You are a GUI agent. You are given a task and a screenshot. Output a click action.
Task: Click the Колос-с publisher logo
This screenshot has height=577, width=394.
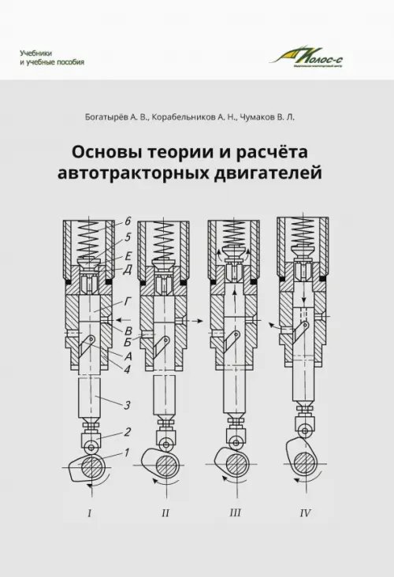pyautogui.click(x=312, y=56)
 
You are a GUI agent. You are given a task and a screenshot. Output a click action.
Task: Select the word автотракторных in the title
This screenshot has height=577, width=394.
pyautogui.click(x=139, y=172)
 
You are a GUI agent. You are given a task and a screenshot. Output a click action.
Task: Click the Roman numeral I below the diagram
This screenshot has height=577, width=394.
pyautogui.click(x=90, y=514)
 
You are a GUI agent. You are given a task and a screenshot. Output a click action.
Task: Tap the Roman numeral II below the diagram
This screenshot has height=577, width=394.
pyautogui.click(x=165, y=514)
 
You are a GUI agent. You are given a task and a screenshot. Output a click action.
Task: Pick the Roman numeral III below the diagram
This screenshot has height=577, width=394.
pyautogui.click(x=234, y=514)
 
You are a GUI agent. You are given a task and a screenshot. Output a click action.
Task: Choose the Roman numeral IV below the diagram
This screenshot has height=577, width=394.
pyautogui.click(x=305, y=514)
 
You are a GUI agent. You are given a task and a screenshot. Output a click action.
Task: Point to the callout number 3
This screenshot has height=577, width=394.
pyautogui.click(x=126, y=405)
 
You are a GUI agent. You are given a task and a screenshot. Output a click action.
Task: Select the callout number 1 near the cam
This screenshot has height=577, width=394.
pyautogui.click(x=126, y=452)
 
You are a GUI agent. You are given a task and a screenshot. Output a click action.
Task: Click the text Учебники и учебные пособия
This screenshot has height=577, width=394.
pyautogui.click(x=52, y=57)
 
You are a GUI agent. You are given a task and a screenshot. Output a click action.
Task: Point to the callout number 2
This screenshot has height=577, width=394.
pyautogui.click(x=126, y=433)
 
